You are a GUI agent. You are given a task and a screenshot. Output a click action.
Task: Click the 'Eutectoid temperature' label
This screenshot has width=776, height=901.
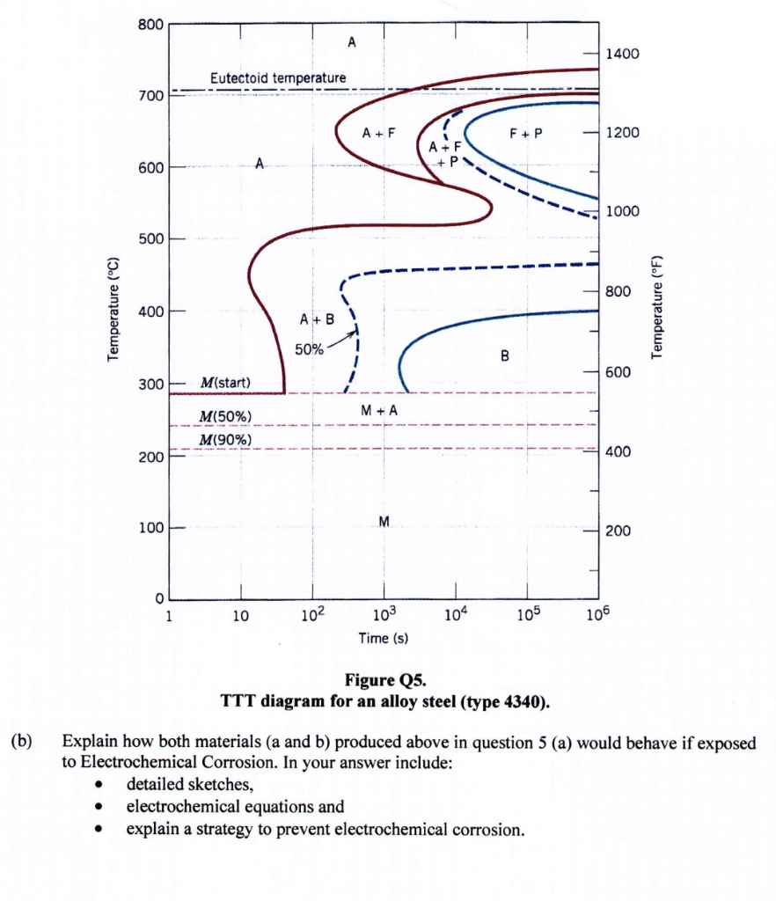coord(277,78)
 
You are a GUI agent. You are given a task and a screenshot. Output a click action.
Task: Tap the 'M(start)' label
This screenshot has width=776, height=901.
coord(225,383)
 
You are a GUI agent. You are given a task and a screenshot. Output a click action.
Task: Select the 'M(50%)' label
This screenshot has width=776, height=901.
coord(225,415)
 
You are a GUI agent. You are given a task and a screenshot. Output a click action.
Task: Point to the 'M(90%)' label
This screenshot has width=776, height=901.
coord(225,439)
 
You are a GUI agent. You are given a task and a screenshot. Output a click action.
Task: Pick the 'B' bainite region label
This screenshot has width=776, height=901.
coord(504,356)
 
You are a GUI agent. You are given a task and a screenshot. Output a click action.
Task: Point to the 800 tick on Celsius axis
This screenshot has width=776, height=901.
coord(149,24)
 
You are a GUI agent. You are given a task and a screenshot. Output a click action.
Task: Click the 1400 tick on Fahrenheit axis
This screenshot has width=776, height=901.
coord(621,55)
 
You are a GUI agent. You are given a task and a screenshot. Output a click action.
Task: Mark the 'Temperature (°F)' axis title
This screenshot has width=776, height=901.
coord(655,308)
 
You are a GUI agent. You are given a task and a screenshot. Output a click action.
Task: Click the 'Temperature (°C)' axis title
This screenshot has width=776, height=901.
coord(113,308)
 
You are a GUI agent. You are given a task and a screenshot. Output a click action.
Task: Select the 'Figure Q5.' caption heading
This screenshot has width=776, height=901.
coord(388,680)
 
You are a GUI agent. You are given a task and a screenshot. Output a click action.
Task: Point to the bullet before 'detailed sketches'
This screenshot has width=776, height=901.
coord(104,783)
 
